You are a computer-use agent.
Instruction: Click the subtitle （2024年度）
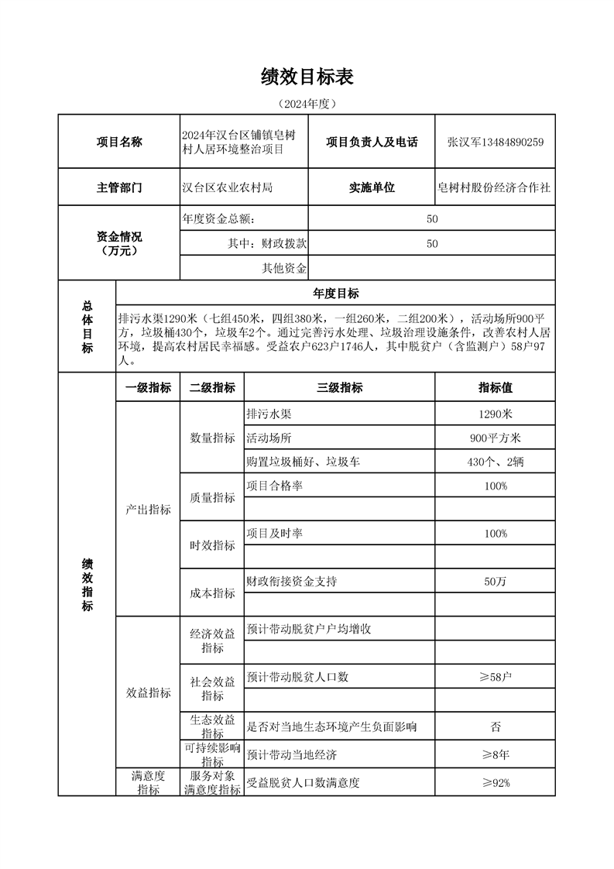(x=307, y=103)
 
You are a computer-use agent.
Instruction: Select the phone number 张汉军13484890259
(x=495, y=142)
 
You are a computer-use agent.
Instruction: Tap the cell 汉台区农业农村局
(x=226, y=187)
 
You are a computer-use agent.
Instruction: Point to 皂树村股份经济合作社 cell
(x=495, y=187)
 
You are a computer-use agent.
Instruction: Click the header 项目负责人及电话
(x=372, y=142)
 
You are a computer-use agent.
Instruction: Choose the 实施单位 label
(x=372, y=187)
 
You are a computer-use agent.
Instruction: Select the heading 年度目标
(x=335, y=294)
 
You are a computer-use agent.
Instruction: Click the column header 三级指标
(x=339, y=387)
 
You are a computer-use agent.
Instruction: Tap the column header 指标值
(x=495, y=387)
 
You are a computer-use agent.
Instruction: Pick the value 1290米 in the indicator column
(x=495, y=414)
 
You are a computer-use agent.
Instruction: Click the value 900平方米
(x=495, y=438)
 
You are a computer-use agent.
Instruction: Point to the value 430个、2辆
(x=495, y=462)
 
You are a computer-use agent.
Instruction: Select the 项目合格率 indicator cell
(x=273, y=486)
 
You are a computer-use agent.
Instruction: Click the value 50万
(x=495, y=581)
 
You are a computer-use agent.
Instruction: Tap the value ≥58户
(x=495, y=677)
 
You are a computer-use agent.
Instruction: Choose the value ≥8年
(x=495, y=754)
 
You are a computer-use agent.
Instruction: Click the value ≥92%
(x=495, y=782)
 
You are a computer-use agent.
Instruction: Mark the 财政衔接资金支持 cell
(x=291, y=581)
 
